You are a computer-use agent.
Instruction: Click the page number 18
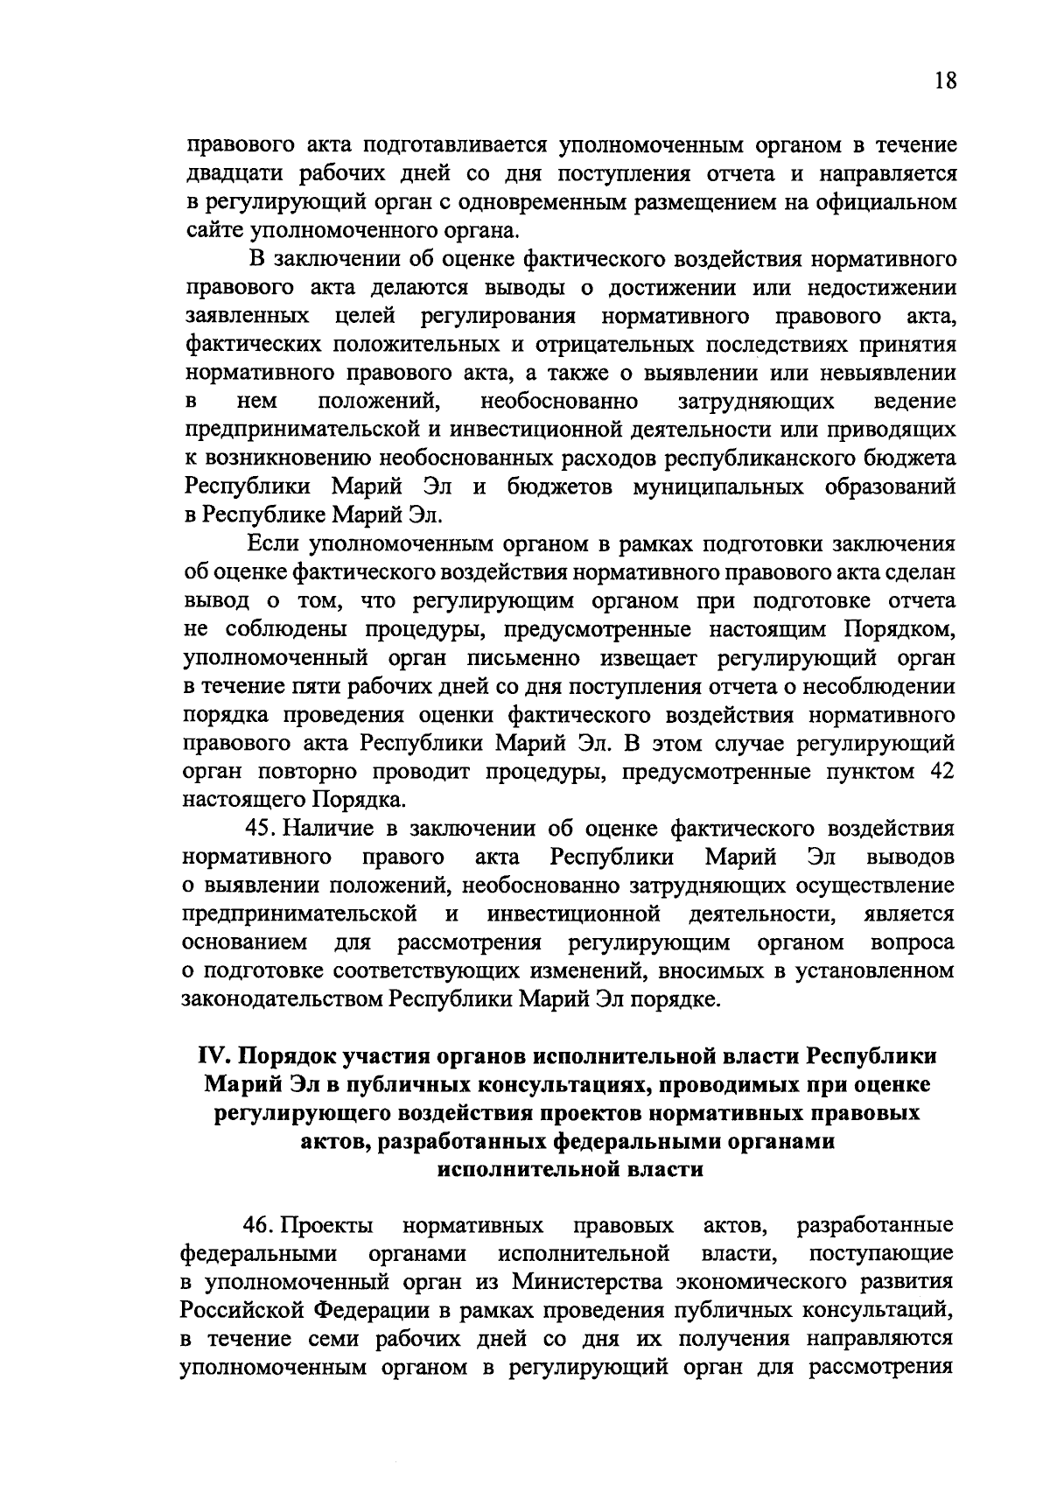[x=944, y=81]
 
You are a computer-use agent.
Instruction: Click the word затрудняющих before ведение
[x=756, y=402]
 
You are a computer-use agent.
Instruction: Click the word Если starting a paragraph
[x=274, y=544]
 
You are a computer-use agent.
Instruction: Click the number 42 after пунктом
[x=939, y=771]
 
